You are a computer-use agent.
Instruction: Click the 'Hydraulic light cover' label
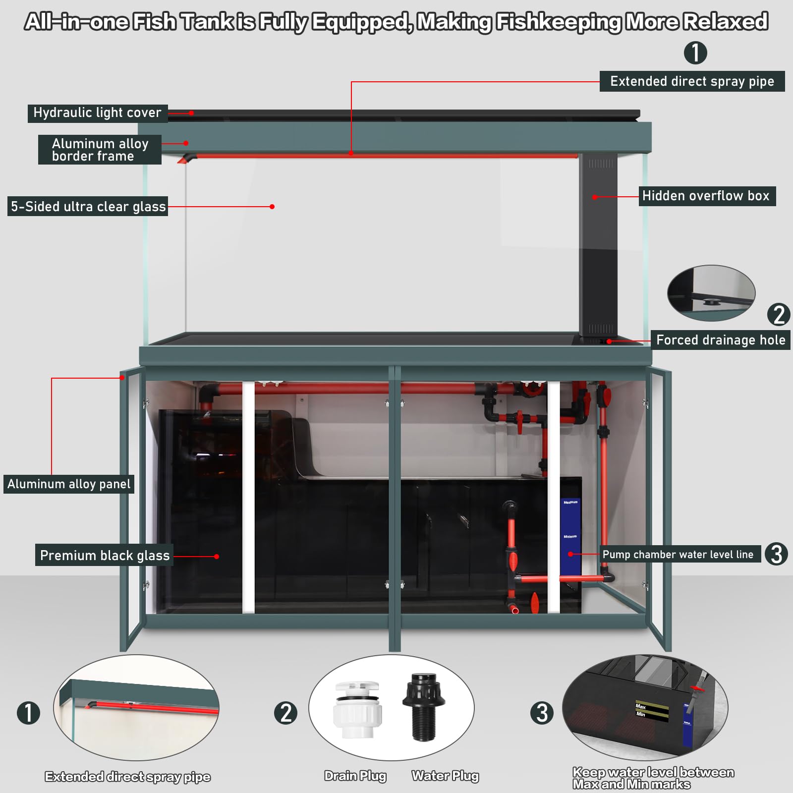click(97, 113)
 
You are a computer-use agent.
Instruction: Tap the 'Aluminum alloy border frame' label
click(100, 150)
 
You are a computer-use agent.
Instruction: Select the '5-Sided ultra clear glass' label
click(88, 207)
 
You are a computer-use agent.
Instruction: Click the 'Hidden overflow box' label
click(706, 196)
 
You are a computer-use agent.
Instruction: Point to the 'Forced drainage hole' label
click(720, 340)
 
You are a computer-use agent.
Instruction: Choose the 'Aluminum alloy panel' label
click(69, 484)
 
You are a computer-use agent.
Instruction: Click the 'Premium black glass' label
click(105, 555)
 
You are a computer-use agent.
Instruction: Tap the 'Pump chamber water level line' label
click(678, 554)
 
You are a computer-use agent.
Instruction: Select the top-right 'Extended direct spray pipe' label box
click(692, 81)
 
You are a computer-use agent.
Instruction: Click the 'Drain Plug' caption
click(355, 776)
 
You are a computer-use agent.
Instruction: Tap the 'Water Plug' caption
click(445, 776)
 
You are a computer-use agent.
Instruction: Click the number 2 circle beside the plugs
click(285, 713)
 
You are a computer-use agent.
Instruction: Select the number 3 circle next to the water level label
click(776, 554)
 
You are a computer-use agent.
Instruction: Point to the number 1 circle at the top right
click(695, 53)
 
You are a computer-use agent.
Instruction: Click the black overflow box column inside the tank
click(598, 248)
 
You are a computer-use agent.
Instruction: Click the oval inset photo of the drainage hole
click(711, 293)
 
